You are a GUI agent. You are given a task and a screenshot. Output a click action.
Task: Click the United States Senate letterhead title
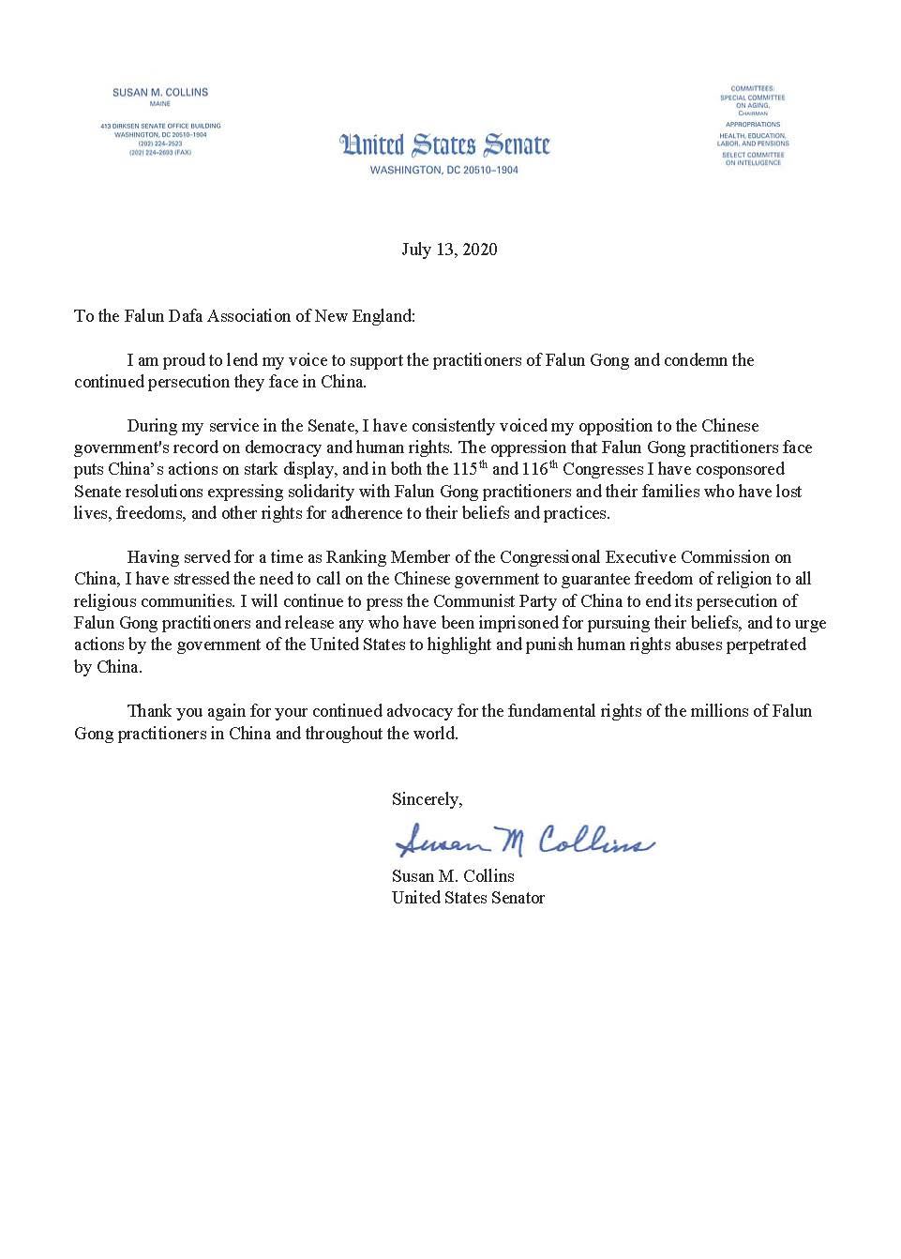444,146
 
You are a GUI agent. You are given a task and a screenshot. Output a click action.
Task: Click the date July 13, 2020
449,250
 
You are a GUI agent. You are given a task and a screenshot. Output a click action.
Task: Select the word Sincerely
427,799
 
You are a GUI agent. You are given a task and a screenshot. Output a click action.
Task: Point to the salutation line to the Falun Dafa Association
244,316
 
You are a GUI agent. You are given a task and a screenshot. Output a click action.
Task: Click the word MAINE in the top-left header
159,105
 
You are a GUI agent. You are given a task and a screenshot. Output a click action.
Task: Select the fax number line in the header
159,152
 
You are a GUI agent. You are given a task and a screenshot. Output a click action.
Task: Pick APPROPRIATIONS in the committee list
752,124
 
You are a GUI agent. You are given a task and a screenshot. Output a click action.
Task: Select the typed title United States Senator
468,898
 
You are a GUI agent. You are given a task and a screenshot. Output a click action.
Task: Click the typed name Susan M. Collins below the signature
453,876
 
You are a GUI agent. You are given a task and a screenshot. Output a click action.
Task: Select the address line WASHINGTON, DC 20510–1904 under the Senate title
443,170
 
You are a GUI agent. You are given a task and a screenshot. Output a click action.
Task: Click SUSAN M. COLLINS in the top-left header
159,93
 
